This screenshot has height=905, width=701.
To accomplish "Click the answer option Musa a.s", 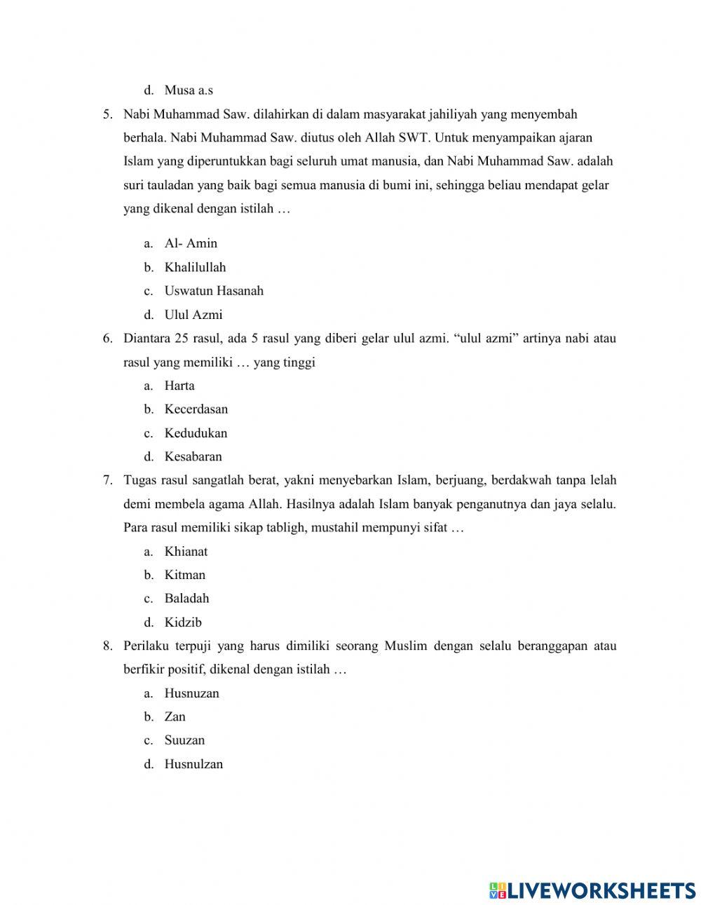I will (x=189, y=90).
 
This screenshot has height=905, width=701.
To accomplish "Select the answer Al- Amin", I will (x=191, y=243).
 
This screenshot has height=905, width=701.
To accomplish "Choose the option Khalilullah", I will (x=195, y=267).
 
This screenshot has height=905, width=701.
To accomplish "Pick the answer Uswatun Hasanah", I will (x=214, y=291).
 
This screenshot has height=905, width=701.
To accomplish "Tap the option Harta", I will (x=179, y=386).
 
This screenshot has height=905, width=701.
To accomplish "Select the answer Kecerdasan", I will (x=196, y=409).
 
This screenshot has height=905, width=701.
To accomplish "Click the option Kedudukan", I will (x=196, y=433).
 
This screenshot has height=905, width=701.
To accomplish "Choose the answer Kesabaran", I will (x=193, y=457).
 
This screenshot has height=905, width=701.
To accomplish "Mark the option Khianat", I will (x=186, y=552).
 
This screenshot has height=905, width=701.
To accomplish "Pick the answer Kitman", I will (x=185, y=575).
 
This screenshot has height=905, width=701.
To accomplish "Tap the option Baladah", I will (x=186, y=599).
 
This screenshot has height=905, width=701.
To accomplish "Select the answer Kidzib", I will (x=183, y=622).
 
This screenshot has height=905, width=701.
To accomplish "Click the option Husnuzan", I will (x=191, y=693).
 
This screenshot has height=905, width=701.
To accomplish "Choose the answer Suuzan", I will (x=184, y=740).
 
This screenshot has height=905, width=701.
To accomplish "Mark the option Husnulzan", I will (x=193, y=764).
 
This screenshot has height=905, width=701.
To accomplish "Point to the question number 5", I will (x=107, y=114).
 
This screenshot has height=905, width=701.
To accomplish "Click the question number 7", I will (x=107, y=480).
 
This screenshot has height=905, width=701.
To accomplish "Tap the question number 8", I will (x=107, y=646).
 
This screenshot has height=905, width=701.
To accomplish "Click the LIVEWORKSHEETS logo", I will (x=592, y=890).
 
